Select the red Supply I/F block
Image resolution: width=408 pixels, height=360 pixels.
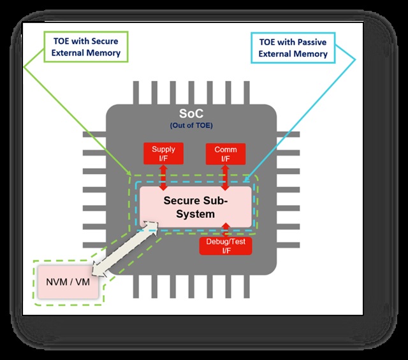coord(163,154)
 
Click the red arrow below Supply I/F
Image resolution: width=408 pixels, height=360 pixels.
coord(163,175)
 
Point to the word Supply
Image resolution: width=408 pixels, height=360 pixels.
coord(163,150)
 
